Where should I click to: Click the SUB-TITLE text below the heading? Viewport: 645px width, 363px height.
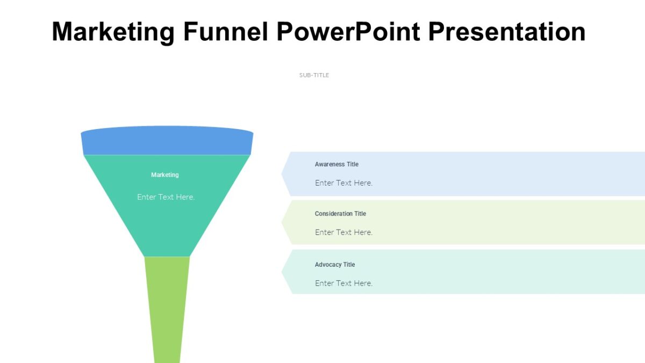point(314,75)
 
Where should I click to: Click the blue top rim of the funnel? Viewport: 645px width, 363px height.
point(167,141)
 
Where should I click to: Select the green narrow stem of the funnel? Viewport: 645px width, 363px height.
point(167,307)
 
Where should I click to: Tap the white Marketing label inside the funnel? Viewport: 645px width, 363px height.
point(165,175)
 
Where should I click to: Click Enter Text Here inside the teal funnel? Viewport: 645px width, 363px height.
point(166,197)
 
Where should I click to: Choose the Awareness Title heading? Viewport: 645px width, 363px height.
point(336,164)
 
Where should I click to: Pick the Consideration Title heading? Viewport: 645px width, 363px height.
point(340,213)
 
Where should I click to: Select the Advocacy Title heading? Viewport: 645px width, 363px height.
point(335,265)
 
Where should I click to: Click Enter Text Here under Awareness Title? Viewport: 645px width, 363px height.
point(343,183)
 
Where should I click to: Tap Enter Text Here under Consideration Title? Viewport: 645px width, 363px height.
point(343,232)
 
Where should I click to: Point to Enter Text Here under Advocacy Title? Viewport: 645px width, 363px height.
point(343,283)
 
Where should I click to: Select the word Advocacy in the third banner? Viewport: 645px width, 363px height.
point(328,265)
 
